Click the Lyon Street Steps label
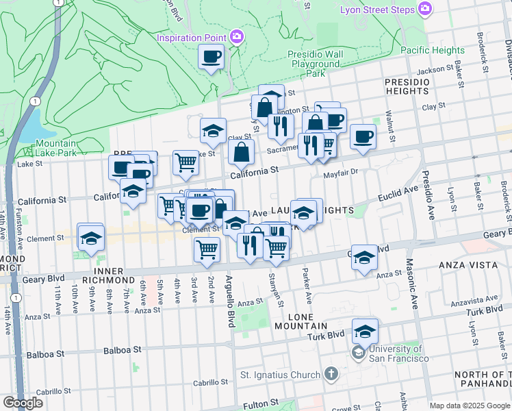coord(377,10)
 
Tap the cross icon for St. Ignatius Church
coord(331,374)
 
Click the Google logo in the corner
coord(23,403)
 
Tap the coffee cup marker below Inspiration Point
coord(212,56)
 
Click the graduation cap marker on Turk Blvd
coord(366,332)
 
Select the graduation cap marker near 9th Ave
coord(90,237)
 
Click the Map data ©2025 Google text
coord(470,406)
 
